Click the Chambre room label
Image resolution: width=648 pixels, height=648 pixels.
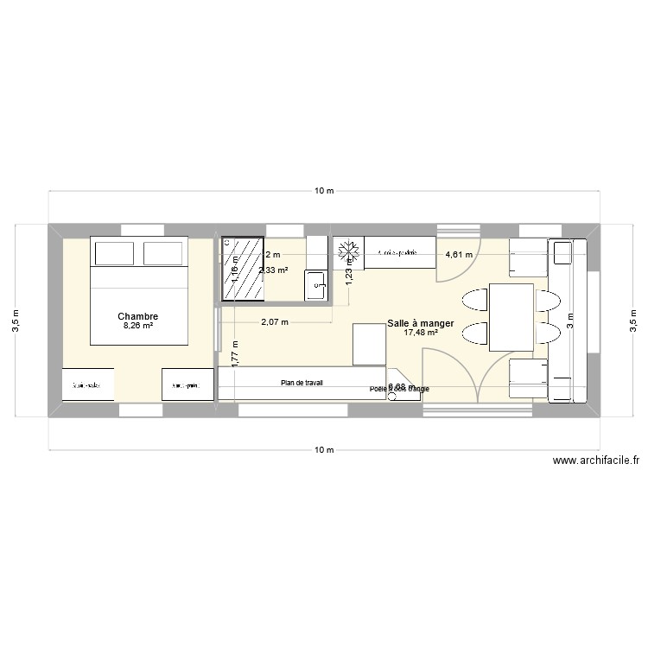tap(138, 316)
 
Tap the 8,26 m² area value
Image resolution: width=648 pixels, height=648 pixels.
tap(138, 327)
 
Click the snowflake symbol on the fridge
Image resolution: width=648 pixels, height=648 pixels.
tap(347, 251)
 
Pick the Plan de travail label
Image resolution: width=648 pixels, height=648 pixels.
tap(302, 382)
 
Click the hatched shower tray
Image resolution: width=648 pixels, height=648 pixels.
tap(244, 269)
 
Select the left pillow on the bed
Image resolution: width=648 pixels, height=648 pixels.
tap(113, 253)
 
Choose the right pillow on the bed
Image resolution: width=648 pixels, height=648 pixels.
tap(164, 253)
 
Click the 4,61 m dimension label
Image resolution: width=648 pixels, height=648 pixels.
tap(459, 255)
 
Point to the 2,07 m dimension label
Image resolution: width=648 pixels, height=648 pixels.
tap(275, 322)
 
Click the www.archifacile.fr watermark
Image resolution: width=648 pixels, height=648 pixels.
tap(597, 462)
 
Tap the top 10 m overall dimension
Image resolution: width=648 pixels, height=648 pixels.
tap(323, 190)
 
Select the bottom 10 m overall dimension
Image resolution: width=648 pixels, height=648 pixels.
tap(323, 450)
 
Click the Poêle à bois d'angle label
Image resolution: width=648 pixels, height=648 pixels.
tap(399, 390)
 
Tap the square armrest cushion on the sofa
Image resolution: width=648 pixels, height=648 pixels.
tap(562, 253)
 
